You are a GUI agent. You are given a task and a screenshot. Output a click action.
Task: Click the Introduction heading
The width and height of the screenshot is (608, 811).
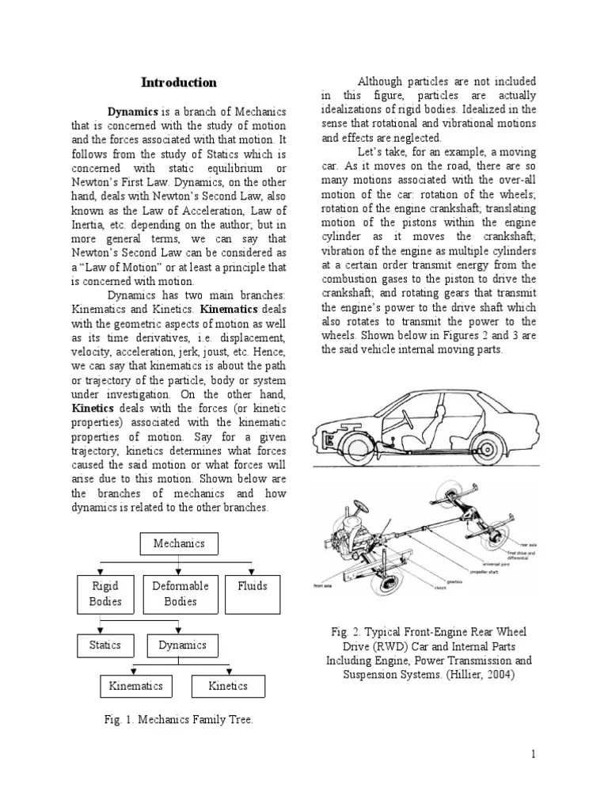178,82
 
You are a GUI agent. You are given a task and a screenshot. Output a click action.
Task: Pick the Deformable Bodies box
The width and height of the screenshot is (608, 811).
180,594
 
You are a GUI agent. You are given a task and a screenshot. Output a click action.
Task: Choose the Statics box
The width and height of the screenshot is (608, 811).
104,645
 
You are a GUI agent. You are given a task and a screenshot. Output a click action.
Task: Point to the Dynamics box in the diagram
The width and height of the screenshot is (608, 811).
182,645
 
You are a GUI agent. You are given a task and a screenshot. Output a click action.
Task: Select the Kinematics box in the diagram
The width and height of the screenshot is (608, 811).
135,686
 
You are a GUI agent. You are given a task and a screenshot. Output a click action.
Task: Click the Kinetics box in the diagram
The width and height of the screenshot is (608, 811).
228,686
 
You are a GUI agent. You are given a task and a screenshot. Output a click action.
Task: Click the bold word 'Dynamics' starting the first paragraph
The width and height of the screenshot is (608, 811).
134,112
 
